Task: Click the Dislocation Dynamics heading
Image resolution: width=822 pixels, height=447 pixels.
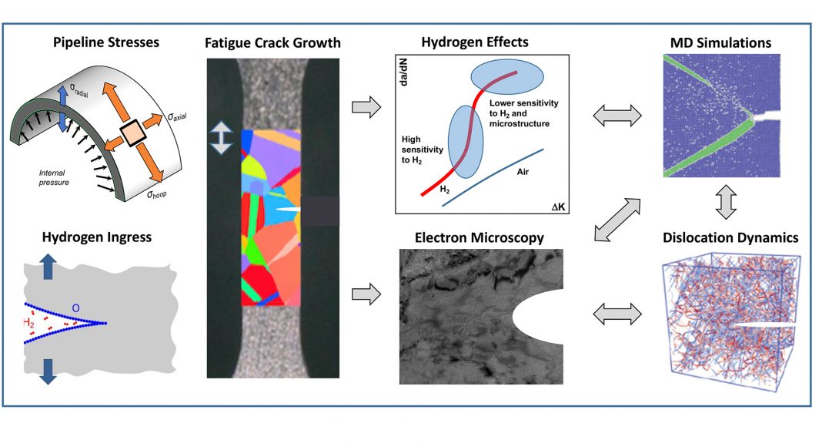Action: (x=730, y=238)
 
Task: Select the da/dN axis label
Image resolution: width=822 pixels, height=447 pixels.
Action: (x=404, y=75)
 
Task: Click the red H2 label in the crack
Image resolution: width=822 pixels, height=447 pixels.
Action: (x=32, y=321)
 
